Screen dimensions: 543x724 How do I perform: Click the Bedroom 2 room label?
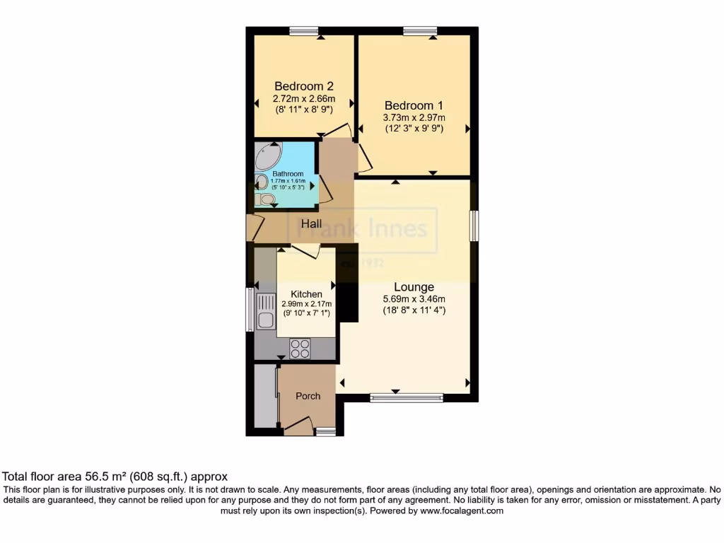304,86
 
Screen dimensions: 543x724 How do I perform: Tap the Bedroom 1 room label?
414,104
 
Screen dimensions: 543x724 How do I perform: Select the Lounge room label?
414,287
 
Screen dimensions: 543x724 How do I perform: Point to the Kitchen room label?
306,294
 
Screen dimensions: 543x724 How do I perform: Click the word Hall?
312,224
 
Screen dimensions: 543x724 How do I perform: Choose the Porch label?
308,396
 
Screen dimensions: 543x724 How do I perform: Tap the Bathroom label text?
288,174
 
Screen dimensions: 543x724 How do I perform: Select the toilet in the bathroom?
266,199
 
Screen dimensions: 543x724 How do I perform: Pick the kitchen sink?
266,312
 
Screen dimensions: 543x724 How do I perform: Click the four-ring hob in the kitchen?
300,349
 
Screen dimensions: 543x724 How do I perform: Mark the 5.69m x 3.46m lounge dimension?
414,299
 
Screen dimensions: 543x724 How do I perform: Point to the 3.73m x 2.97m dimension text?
414,117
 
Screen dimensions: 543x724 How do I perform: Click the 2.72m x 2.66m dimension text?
304,99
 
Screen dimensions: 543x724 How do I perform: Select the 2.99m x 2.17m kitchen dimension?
306,304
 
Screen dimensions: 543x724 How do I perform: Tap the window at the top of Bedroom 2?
304,30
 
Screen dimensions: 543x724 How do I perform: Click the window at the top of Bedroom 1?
420,30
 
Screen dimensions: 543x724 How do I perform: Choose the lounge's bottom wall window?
407,398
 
